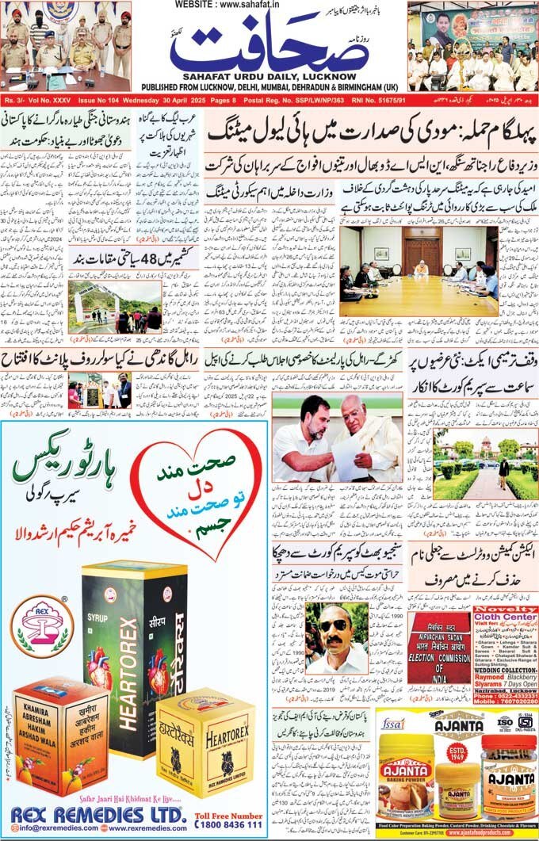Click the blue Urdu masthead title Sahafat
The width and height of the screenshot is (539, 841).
point(269,49)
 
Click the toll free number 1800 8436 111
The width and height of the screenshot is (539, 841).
point(229,824)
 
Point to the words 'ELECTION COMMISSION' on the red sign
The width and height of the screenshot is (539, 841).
point(438,657)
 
